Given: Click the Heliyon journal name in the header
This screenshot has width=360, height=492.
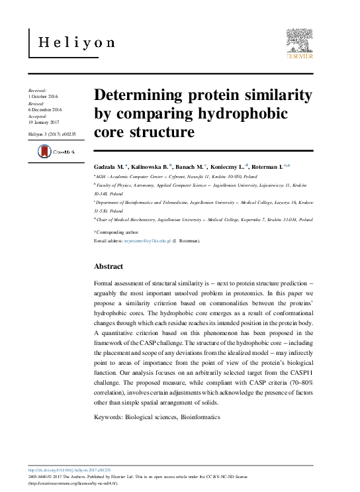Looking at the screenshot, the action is click(x=77, y=44).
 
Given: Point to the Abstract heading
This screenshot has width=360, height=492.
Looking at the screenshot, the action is click(x=109, y=266).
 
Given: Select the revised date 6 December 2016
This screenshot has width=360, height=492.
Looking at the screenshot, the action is click(x=46, y=110).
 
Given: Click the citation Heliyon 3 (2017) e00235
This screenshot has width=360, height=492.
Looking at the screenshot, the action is click(x=53, y=134).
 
